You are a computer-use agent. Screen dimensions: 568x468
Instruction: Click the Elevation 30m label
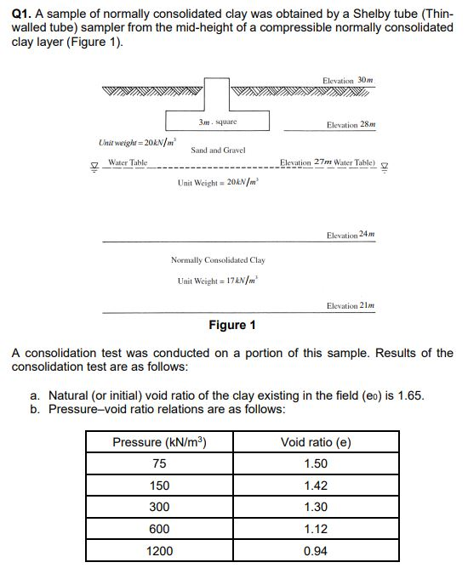pyautogui.click(x=348, y=80)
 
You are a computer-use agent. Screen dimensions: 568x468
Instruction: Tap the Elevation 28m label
pyautogui.click(x=351, y=124)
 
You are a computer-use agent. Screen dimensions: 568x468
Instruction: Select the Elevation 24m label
pyautogui.click(x=351, y=234)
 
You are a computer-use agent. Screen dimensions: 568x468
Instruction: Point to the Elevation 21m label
pyautogui.click(x=351, y=304)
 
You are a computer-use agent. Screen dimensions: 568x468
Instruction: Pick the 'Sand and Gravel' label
pyautogui.click(x=218, y=150)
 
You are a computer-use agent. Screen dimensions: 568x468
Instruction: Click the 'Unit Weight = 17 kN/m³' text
pyautogui.click(x=218, y=280)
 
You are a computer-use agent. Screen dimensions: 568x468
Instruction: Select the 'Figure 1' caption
pyautogui.click(x=232, y=325)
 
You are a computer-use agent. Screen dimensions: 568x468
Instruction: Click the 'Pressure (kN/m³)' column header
pyautogui.click(x=160, y=442)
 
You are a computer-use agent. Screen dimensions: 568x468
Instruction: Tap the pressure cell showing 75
pyautogui.click(x=160, y=463)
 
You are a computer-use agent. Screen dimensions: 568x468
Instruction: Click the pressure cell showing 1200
pyautogui.click(x=160, y=551)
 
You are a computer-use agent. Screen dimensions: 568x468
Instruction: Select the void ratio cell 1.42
pyautogui.click(x=315, y=486)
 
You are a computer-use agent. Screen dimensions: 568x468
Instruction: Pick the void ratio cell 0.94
pyautogui.click(x=315, y=551)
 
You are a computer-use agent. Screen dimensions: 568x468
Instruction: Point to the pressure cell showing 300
pyautogui.click(x=160, y=507)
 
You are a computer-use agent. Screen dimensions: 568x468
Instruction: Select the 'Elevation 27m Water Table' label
pyautogui.click(x=328, y=162)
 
